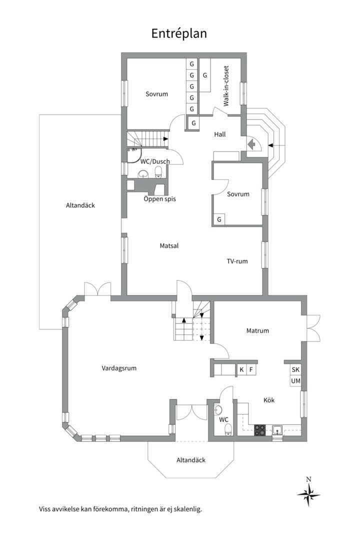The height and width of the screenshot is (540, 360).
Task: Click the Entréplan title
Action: coord(179,34)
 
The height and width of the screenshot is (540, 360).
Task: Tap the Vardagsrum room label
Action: coord(119,368)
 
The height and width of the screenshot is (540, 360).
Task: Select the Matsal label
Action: coord(169,246)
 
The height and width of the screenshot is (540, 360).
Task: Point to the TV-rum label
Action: coord(237,261)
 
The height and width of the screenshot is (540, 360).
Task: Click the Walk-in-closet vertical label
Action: coord(226,86)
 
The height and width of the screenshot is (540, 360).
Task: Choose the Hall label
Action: coord(220,134)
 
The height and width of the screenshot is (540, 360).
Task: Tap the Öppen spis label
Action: coord(159,199)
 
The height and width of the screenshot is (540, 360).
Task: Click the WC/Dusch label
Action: coord(155,161)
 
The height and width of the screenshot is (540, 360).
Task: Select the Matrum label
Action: coord(257,330)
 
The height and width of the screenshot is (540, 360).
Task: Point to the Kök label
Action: coord(269,400)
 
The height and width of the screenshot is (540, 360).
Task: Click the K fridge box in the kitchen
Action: coord(241,369)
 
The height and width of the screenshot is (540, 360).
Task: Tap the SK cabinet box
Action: coord(295,369)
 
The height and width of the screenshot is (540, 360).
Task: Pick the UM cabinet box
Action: coord(295,381)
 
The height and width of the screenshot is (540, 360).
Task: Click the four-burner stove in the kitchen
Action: coord(260,431)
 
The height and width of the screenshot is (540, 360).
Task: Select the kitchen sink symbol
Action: coord(277,430)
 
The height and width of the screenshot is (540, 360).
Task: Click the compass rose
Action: coord(308,494)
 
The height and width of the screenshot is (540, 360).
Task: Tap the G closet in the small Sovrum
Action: coord(219,219)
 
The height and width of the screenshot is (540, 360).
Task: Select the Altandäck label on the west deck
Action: coord(80,205)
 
